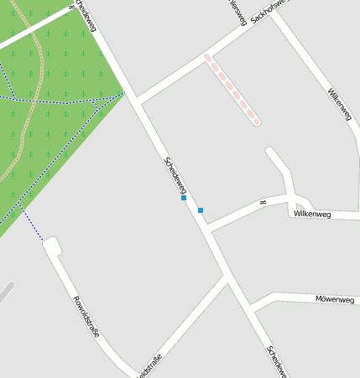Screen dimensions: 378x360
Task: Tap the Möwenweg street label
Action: point(334,299)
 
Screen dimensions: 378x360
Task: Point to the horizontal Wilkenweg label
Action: point(311,215)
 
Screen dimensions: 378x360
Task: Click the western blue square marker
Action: point(184,199)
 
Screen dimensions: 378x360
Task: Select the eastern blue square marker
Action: point(201,210)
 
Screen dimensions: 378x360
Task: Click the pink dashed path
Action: point(231,90)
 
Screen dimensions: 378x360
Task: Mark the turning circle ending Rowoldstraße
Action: point(51,246)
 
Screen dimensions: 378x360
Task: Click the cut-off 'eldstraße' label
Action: point(148,365)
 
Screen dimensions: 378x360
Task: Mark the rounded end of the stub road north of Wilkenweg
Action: point(271,153)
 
